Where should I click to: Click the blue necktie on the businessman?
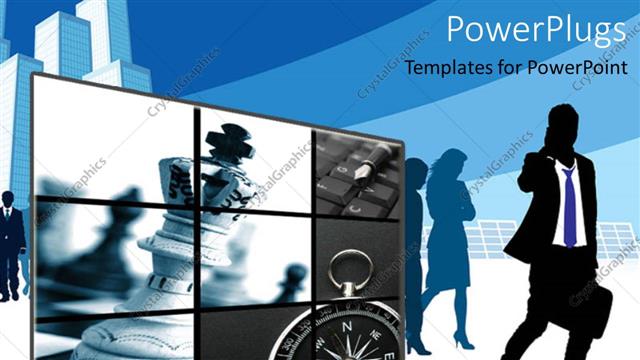point(569,205)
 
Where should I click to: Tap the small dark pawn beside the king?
point(291,280)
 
